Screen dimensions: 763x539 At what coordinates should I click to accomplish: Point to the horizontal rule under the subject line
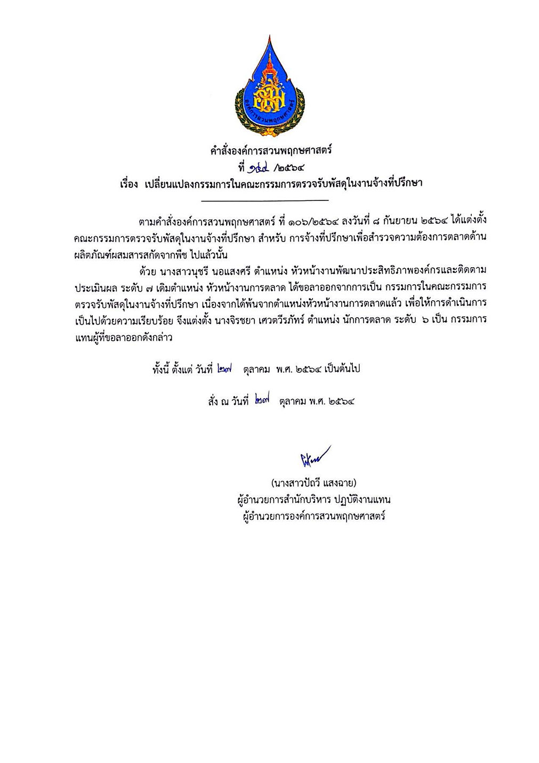pyautogui.click(x=265, y=200)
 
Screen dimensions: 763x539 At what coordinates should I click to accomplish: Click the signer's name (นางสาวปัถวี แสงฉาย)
pyautogui.click(x=313, y=484)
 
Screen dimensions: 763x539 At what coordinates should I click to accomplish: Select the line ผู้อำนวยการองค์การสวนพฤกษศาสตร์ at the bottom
pyautogui.click(x=313, y=516)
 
